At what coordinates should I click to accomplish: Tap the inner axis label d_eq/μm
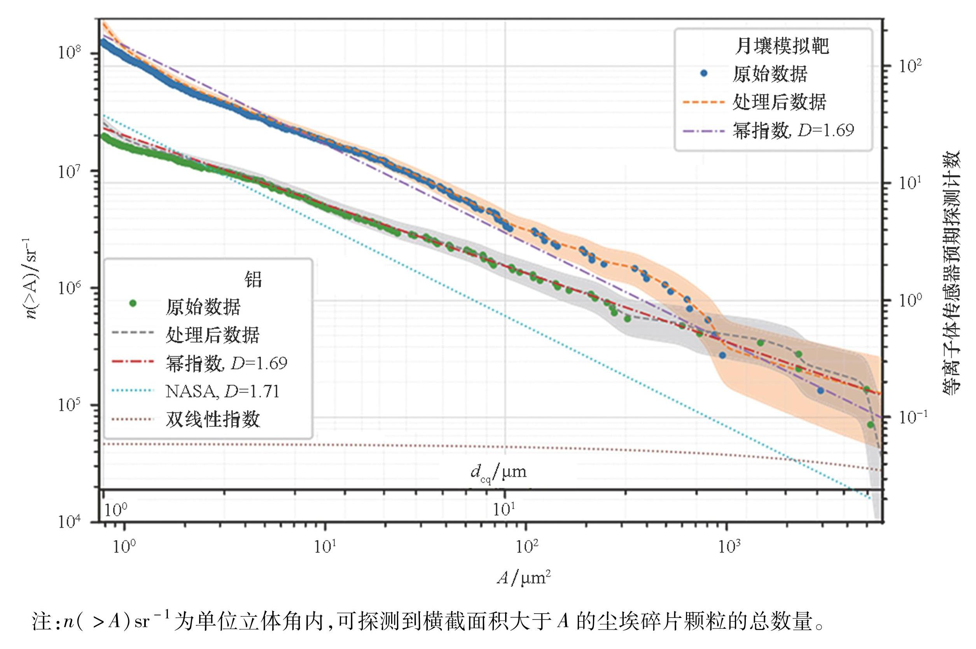pyautogui.click(x=498, y=472)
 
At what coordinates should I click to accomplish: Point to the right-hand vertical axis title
pyautogui.click(x=952, y=273)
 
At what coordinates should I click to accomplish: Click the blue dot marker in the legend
pyautogui.click(x=703, y=74)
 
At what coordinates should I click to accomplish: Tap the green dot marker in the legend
pyautogui.click(x=133, y=304)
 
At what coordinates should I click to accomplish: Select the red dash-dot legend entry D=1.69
pyautogui.click(x=226, y=363)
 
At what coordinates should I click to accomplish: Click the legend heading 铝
pyautogui.click(x=253, y=279)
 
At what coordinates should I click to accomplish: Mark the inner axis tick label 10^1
pyautogui.click(x=504, y=509)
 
